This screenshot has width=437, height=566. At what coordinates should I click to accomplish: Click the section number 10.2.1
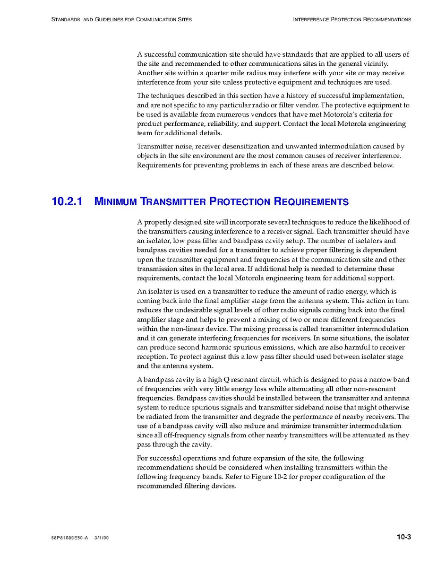click(67, 201)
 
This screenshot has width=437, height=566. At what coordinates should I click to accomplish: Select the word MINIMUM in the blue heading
click(116, 202)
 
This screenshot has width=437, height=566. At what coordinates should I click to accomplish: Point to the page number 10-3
click(403, 537)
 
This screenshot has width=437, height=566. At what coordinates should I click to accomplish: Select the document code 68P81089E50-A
click(69, 538)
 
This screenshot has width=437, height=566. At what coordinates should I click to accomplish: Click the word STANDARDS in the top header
click(66, 20)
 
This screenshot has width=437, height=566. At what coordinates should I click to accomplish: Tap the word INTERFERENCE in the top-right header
click(311, 20)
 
